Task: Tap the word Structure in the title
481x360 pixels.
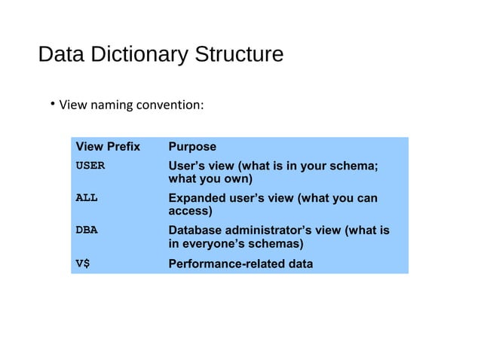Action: (x=239, y=56)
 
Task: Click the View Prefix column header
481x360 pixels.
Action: (x=108, y=147)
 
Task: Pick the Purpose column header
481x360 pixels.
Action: (x=192, y=147)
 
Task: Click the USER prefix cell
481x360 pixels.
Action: (x=90, y=165)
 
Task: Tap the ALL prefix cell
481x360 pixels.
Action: (x=87, y=198)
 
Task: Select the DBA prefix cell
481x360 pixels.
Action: (x=87, y=230)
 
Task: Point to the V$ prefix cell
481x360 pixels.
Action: (x=83, y=264)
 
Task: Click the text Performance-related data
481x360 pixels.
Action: (x=240, y=264)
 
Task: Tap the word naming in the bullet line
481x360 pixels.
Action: (x=112, y=105)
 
